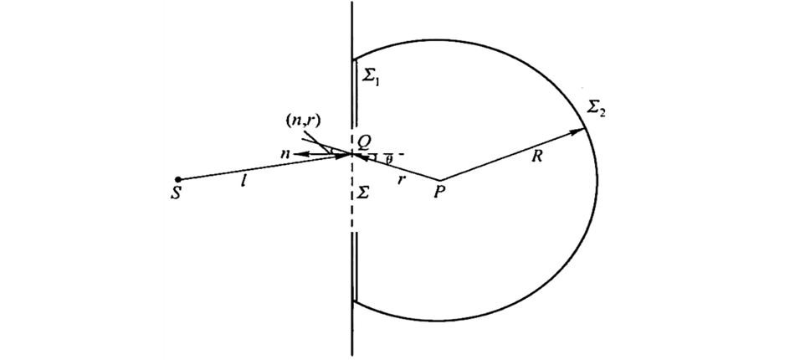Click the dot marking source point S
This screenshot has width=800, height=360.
point(177,178)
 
